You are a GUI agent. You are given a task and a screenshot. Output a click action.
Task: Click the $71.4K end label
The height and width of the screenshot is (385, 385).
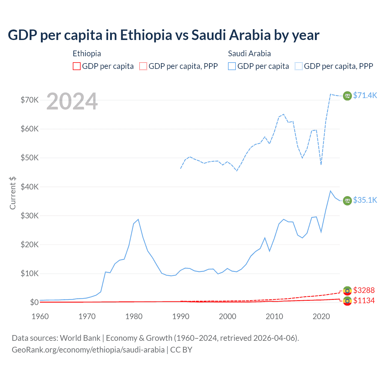[365, 95]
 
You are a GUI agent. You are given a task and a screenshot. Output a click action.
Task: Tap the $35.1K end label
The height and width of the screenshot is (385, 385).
[365, 200]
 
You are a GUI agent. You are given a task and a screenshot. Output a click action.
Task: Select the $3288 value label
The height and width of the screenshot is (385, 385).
[364, 290]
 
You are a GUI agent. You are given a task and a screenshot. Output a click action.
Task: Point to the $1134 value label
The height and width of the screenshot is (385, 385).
[364, 300]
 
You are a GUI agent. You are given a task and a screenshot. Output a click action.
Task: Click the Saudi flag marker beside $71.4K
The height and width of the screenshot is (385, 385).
[347, 96]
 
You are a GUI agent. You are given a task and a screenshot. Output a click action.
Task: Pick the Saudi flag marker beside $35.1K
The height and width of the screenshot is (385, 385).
[347, 200]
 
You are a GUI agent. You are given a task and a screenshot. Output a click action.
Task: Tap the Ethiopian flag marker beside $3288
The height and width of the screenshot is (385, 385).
[347, 291]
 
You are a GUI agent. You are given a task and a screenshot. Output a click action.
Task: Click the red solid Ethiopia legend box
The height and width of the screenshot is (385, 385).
[77, 66]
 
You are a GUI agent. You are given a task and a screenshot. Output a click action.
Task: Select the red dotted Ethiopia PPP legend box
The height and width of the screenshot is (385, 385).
[143, 66]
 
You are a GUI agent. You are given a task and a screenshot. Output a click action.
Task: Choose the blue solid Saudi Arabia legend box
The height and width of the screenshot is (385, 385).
[232, 66]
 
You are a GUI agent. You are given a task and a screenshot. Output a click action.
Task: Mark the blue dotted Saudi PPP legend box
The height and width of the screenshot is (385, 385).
[299, 66]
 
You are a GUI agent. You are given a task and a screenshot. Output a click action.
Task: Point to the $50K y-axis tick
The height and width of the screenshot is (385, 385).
[29, 158]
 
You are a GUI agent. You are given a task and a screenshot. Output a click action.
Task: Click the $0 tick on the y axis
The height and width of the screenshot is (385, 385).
[34, 302]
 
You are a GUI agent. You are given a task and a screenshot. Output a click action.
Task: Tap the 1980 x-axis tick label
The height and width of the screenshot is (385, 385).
[134, 316]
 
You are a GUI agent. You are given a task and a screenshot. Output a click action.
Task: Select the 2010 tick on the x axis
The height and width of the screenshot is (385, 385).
[274, 316]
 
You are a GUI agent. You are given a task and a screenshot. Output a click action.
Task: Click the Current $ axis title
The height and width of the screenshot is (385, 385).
[13, 193]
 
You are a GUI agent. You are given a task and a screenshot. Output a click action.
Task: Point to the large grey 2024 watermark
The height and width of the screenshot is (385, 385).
[72, 101]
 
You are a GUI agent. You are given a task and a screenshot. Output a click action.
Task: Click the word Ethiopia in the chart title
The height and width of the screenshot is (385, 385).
[146, 35]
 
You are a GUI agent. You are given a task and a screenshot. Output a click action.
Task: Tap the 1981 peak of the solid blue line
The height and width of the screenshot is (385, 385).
[138, 219]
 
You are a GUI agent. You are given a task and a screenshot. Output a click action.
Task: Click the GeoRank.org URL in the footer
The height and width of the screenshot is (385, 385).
[88, 350]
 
